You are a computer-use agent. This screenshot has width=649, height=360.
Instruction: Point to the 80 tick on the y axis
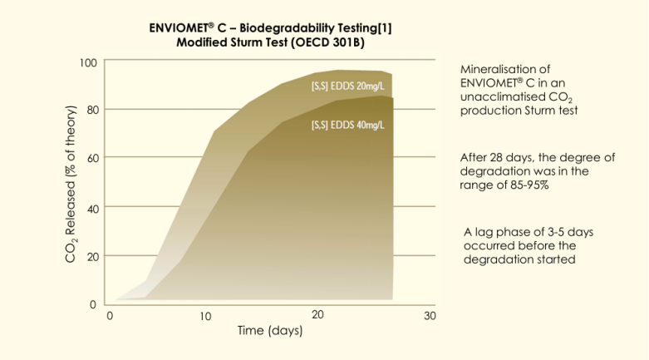92,109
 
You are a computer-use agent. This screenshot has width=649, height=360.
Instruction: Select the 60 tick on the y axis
92,158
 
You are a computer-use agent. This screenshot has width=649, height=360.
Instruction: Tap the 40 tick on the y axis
92,207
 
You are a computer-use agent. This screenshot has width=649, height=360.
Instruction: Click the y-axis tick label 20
92,256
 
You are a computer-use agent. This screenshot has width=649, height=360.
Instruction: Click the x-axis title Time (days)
269,331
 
